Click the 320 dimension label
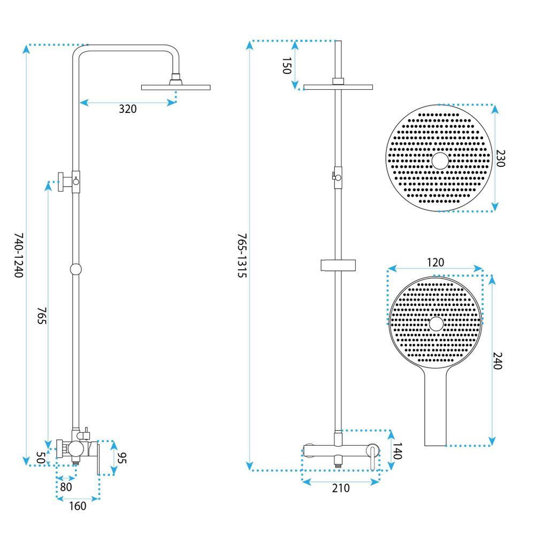tap(128, 109)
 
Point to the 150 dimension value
tap(286, 66)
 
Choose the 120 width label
tap(435, 262)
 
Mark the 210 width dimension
tap(341, 488)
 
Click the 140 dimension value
tap(397, 450)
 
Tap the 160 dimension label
tap(78, 506)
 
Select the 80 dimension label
tap(66, 487)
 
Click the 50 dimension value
tap(40, 458)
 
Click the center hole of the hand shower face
tap(436, 323)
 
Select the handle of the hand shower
tap(435, 409)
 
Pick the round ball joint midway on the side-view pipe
tap(76, 269)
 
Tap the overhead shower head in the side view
tap(175, 86)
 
